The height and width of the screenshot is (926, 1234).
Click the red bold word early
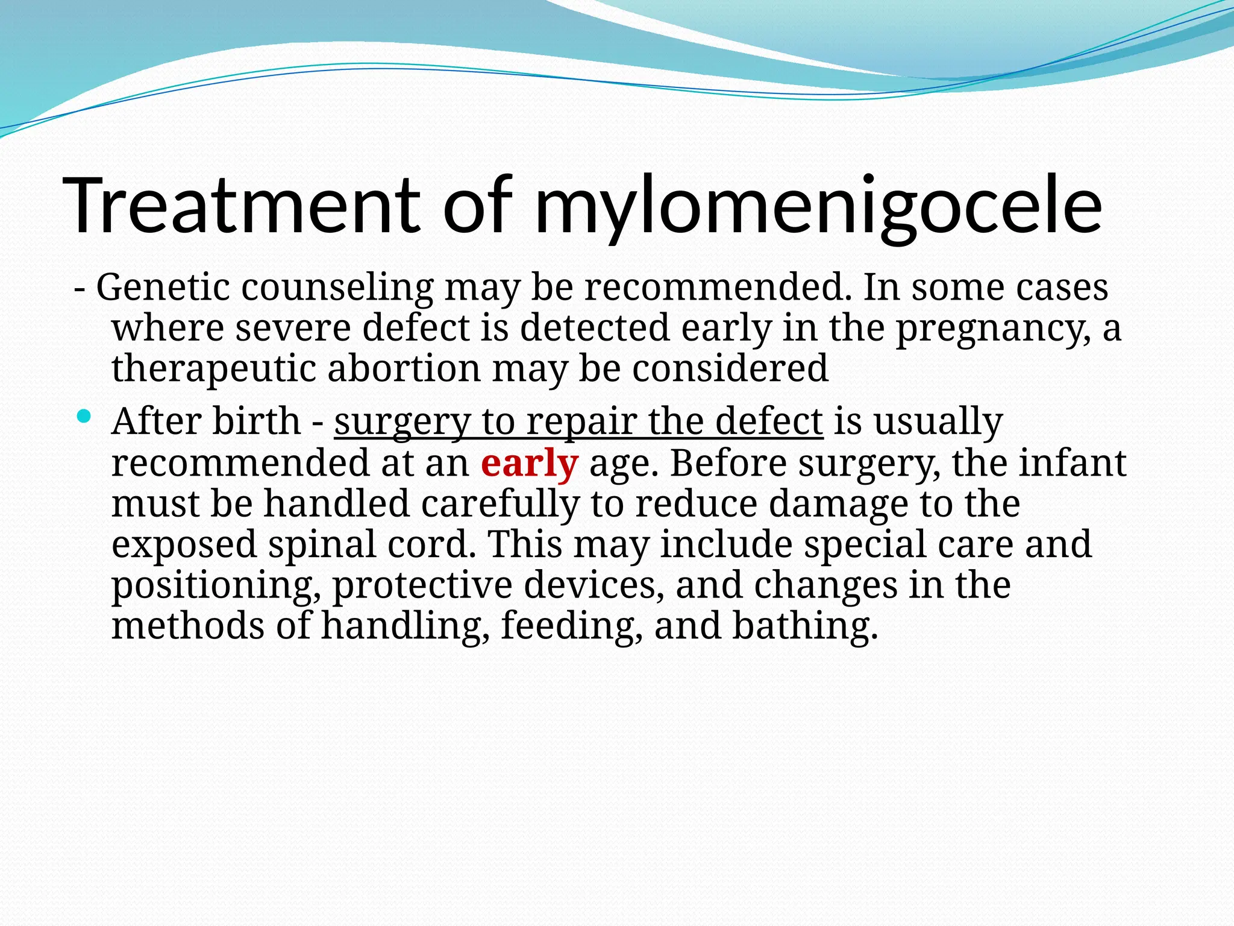(x=530, y=464)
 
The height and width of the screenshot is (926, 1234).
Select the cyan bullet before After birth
(x=84, y=416)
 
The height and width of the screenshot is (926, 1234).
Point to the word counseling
(x=337, y=288)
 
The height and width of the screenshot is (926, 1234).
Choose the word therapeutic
(x=214, y=369)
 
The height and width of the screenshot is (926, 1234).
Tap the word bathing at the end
(x=805, y=626)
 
